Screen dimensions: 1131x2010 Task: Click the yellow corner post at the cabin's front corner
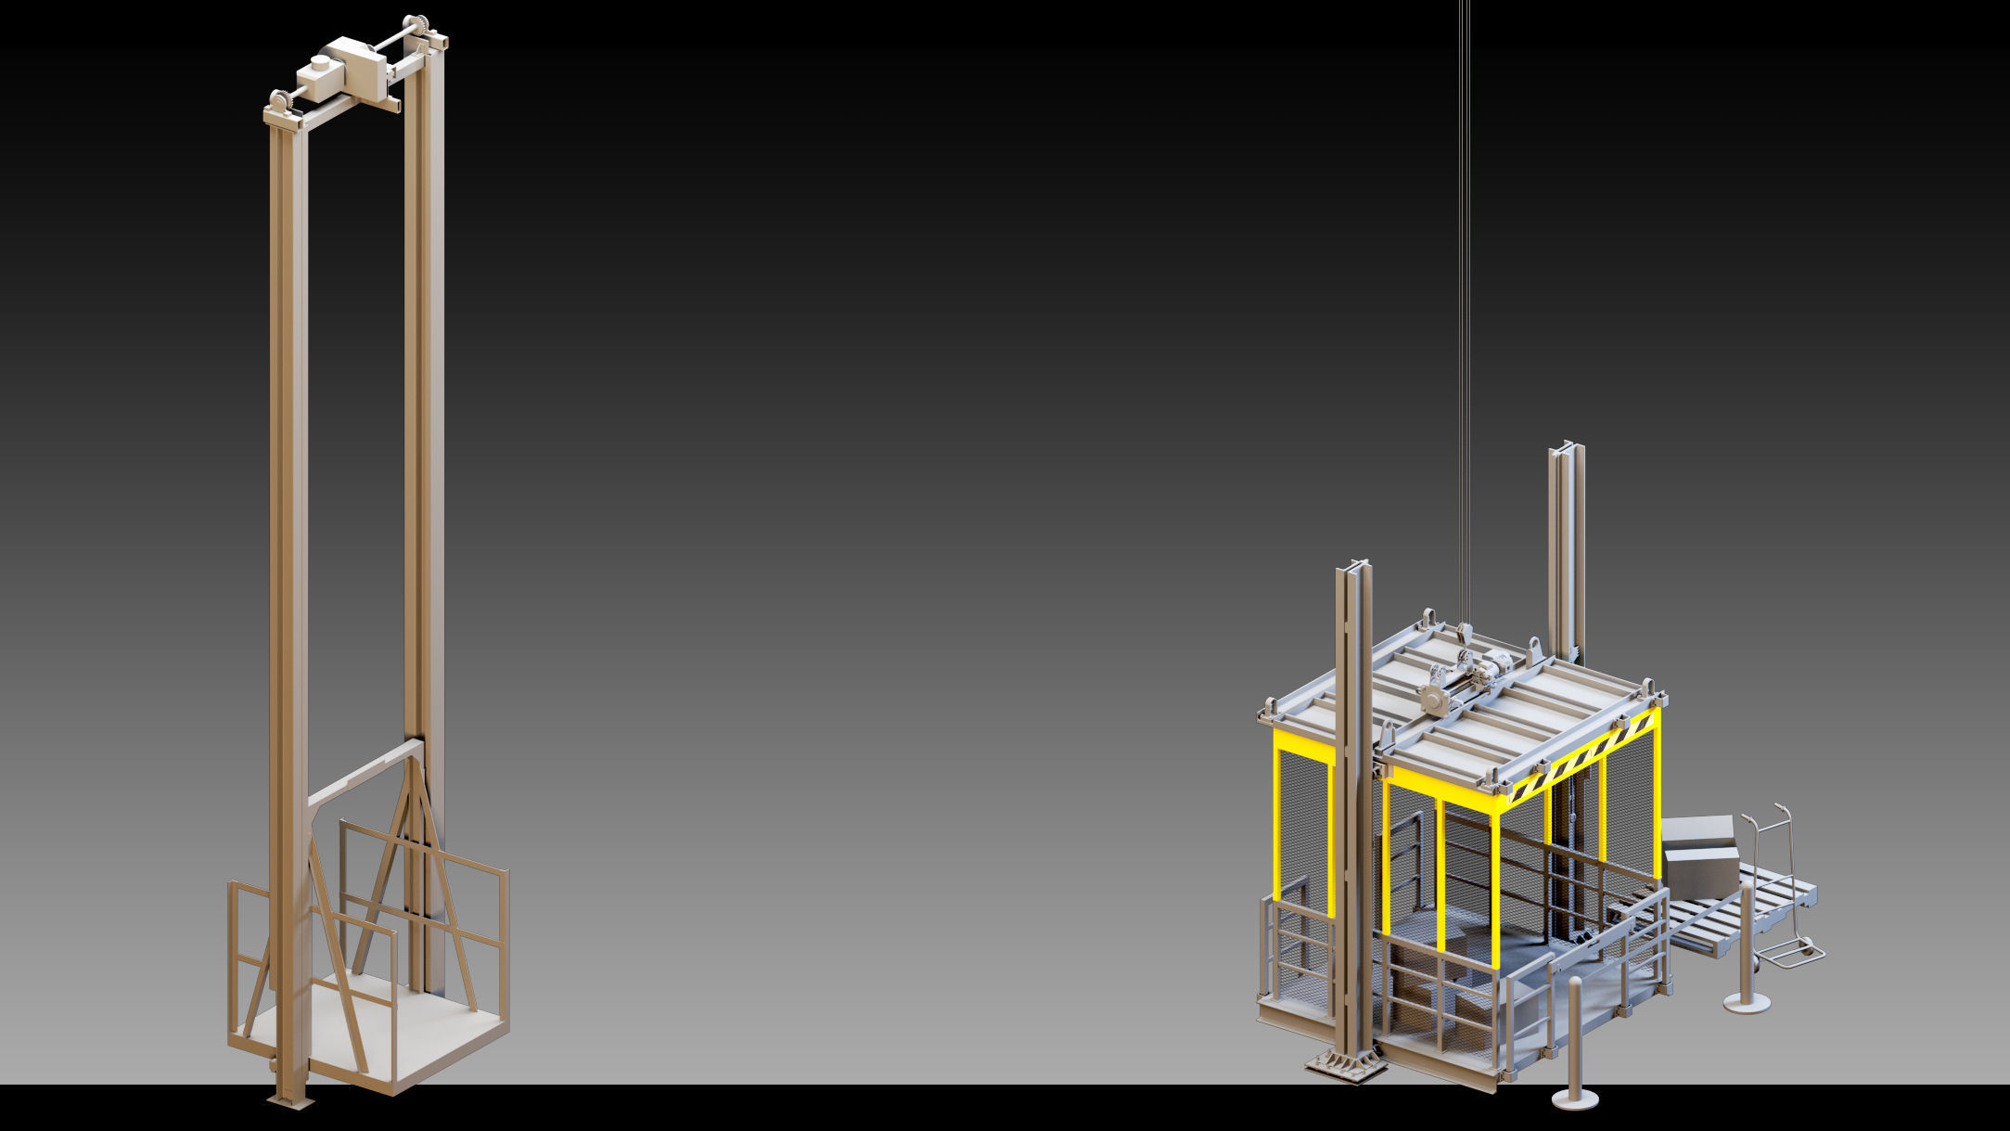coord(1495,881)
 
